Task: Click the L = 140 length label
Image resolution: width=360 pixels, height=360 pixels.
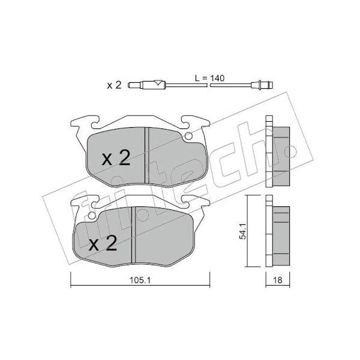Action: tap(209, 78)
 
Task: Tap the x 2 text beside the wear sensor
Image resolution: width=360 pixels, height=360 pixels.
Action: tap(114, 85)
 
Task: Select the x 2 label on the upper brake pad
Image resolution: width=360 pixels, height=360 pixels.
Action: tap(116, 158)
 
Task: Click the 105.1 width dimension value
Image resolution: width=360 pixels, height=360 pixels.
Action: tap(140, 280)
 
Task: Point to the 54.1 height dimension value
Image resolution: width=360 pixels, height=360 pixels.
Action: tap(242, 231)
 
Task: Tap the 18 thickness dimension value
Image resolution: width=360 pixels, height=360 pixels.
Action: tap(278, 280)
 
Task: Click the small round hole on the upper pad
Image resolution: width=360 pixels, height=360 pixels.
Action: tap(188, 136)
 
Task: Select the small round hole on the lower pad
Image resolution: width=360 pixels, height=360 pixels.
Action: tap(92, 215)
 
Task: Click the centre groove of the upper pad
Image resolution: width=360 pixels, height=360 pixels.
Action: tap(147, 155)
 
